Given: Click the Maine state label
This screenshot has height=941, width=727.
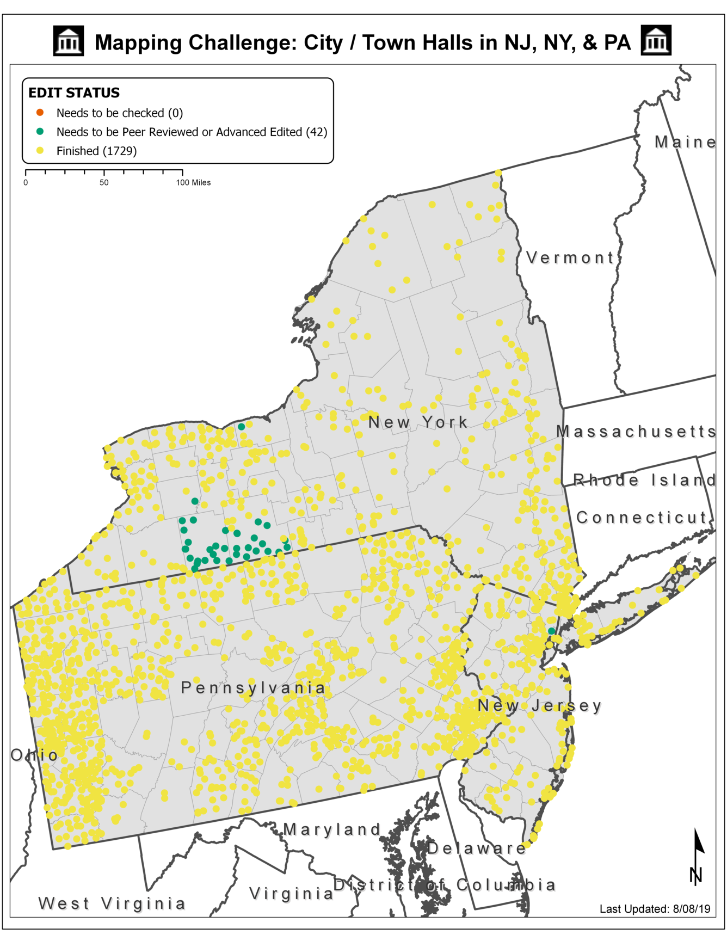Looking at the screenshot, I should (685, 142).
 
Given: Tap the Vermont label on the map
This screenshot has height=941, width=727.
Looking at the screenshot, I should (570, 257).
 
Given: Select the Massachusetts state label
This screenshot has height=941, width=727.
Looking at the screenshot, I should (636, 432).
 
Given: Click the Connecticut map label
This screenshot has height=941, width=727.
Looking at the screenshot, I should (642, 518).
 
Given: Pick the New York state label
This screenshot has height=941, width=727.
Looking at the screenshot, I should (418, 422).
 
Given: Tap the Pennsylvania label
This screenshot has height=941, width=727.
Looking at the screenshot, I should (253, 688).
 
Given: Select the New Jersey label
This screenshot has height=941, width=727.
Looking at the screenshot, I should (539, 706).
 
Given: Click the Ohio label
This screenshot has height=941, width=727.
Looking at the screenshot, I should (34, 755).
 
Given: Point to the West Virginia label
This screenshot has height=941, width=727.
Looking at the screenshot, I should (112, 903).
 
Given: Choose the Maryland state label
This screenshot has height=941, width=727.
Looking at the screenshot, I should (332, 829).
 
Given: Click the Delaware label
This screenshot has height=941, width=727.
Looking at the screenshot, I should (476, 848).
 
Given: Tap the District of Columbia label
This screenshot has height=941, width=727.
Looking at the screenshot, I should (444, 885).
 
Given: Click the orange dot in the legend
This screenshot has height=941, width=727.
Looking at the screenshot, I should (40, 113).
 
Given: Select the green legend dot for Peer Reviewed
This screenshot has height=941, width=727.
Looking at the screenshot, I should (40, 132).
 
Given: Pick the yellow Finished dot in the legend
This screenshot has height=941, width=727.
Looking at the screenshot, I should (40, 151).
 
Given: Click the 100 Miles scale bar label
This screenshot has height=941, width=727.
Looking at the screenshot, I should (193, 183).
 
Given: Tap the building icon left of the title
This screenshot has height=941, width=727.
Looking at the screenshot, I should (69, 41).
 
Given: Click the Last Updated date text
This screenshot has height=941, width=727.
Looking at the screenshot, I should (655, 909).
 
